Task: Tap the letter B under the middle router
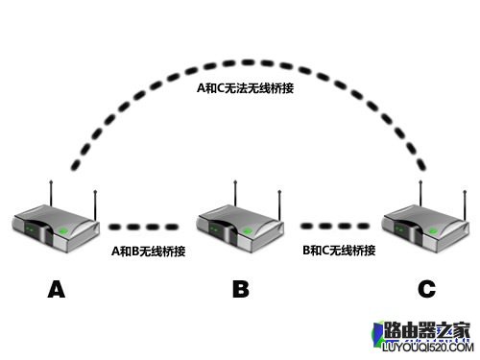pos(241,288)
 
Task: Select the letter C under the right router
pos(425,288)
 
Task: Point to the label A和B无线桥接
pos(148,252)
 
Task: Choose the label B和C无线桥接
pos(338,252)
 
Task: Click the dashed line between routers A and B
pos(143,228)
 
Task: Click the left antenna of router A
pos(49,189)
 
